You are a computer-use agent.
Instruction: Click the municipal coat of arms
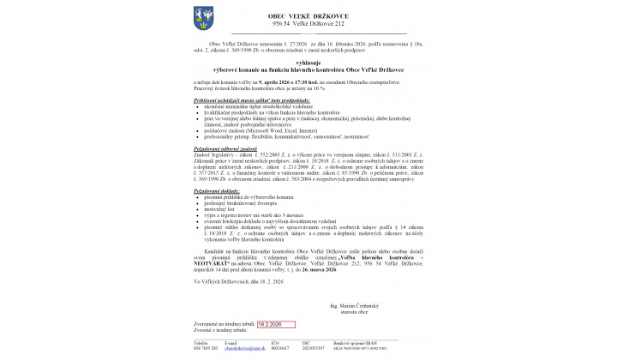204,16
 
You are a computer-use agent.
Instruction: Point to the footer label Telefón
201,345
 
